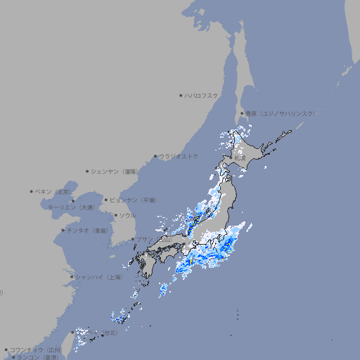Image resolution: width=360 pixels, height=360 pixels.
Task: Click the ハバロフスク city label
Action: point(202,95)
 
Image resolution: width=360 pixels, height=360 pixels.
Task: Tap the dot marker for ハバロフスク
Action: point(181,95)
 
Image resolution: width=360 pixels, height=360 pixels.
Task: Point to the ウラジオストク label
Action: point(179,156)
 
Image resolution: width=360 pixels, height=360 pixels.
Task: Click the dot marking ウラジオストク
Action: point(155,157)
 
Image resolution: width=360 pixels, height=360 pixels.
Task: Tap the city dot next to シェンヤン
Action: point(88,171)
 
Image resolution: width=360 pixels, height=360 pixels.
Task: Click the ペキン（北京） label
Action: point(53,191)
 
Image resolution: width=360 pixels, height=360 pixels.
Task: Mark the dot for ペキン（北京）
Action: point(32,191)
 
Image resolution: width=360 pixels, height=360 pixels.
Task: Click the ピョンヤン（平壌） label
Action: point(134,200)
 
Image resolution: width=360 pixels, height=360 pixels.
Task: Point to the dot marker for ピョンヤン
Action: point(107,200)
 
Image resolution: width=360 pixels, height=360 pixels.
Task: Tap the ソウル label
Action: point(127,215)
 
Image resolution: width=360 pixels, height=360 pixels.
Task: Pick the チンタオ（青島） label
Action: point(87,230)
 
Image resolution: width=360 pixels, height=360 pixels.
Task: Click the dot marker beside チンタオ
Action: point(63,230)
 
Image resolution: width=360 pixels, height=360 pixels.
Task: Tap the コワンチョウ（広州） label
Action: point(35,349)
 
